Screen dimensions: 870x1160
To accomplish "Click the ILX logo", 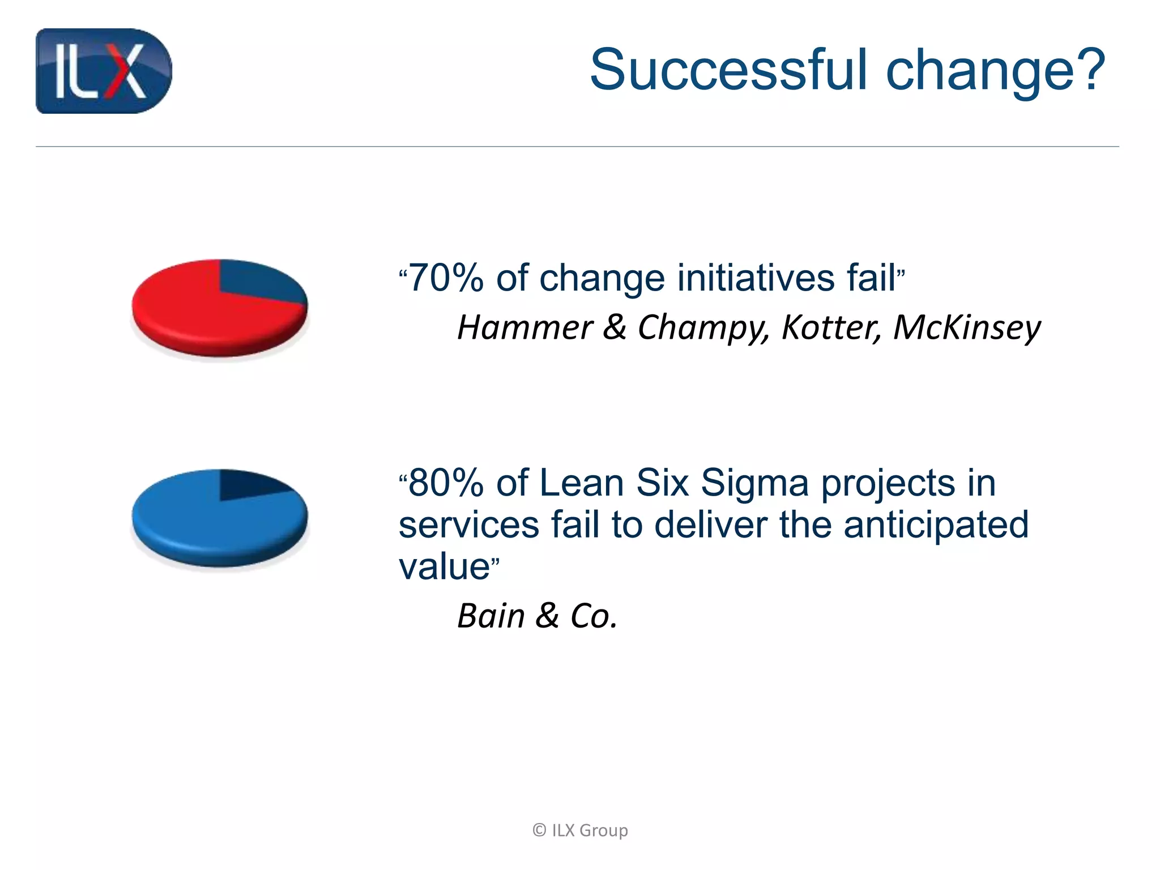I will [103, 71].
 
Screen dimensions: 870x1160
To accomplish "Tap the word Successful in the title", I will [728, 70].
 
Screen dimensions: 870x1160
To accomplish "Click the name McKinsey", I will [966, 327].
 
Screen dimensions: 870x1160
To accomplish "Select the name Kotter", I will [830, 327].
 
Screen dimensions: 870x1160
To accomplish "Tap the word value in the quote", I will [444, 566].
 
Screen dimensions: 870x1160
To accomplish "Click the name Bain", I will [491, 616].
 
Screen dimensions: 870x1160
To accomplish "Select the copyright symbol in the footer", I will [539, 830].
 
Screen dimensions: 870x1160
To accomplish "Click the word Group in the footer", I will [603, 830].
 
